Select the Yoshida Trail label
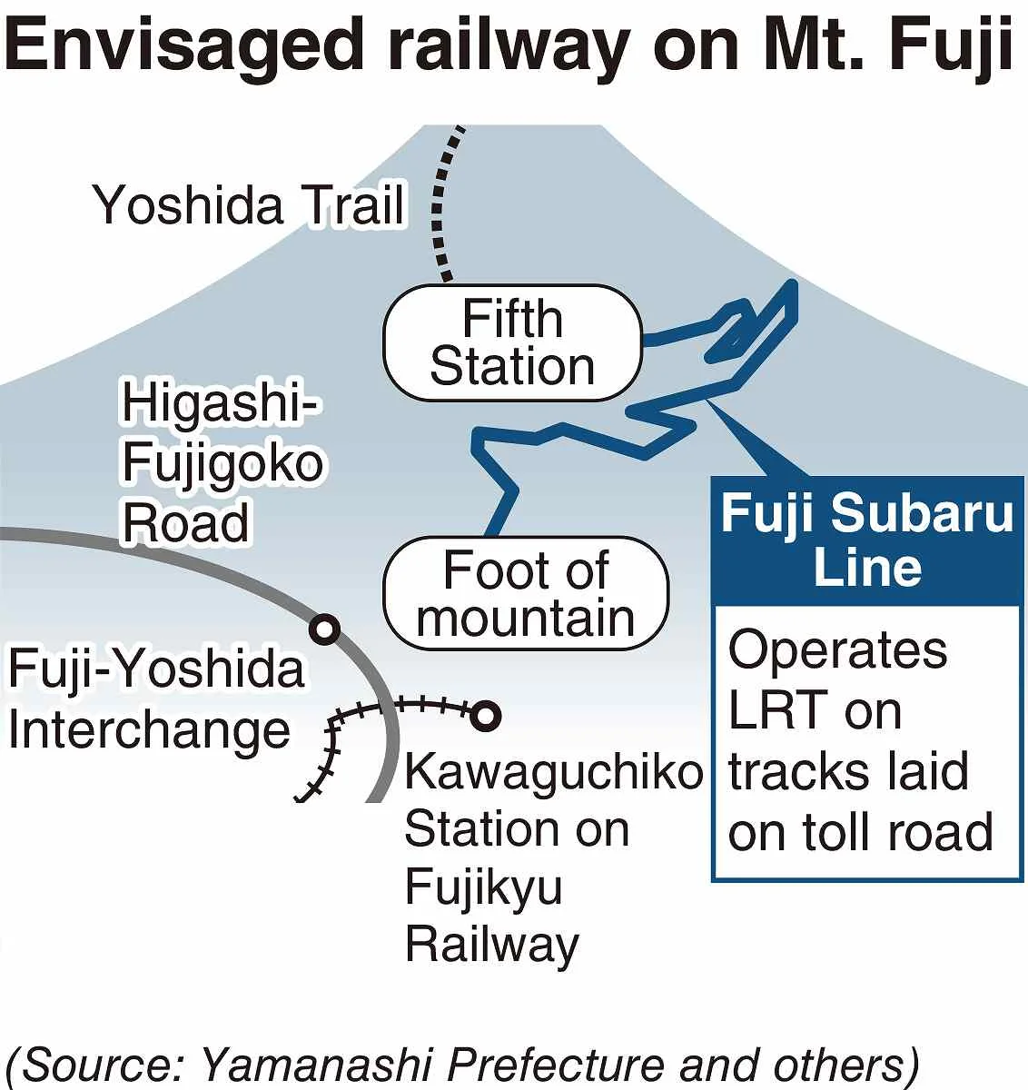(x=250, y=204)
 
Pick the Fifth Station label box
(x=512, y=342)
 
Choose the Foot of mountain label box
(x=526, y=594)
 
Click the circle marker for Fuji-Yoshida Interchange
(x=324, y=628)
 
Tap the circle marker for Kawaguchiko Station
(x=485, y=715)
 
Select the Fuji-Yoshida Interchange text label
(x=156, y=699)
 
